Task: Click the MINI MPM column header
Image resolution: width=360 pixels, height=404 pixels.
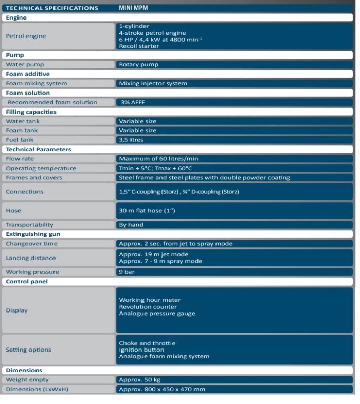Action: (133, 8)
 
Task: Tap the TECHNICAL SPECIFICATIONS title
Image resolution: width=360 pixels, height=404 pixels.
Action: (51, 8)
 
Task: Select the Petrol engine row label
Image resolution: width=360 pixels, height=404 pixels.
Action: (26, 36)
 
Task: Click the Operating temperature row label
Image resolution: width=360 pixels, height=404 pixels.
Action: (41, 168)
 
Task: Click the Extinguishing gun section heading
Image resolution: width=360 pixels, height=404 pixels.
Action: (33, 234)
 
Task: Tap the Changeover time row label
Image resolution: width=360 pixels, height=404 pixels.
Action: (31, 243)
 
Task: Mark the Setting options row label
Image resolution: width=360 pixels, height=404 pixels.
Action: (28, 350)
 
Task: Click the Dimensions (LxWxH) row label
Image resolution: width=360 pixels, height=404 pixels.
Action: (37, 389)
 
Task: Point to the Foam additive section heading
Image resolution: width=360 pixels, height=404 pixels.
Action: (28, 74)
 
